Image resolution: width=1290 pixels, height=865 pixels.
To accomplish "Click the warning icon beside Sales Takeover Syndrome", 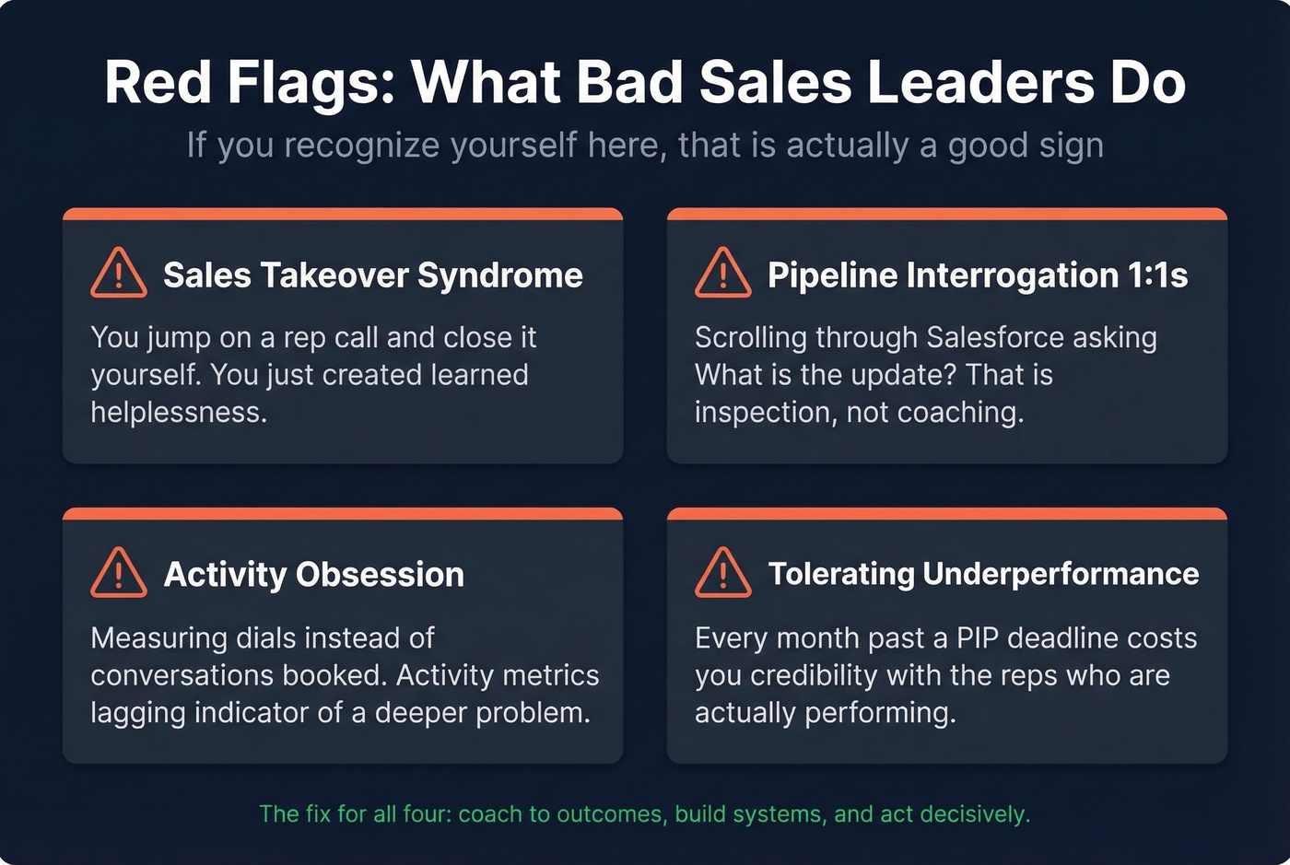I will click(118, 273).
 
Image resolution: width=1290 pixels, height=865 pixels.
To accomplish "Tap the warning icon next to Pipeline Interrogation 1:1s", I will click(722, 273).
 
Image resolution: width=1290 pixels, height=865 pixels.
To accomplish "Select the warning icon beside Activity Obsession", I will click(118, 572).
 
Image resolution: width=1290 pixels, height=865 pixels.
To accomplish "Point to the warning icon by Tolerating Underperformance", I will click(722, 572).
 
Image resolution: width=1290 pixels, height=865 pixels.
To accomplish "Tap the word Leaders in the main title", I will click(979, 83).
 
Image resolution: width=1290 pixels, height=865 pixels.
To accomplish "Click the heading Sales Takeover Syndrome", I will click(372, 275).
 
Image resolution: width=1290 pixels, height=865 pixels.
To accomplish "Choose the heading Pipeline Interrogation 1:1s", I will click(978, 275).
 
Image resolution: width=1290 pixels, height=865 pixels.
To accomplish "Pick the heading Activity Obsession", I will click(313, 575).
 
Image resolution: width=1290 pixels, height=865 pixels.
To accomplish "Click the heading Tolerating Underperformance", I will click(983, 574).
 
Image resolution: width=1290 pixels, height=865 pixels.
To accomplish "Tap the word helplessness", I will click(179, 413).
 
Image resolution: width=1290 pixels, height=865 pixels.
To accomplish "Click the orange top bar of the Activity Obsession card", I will click(343, 513).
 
